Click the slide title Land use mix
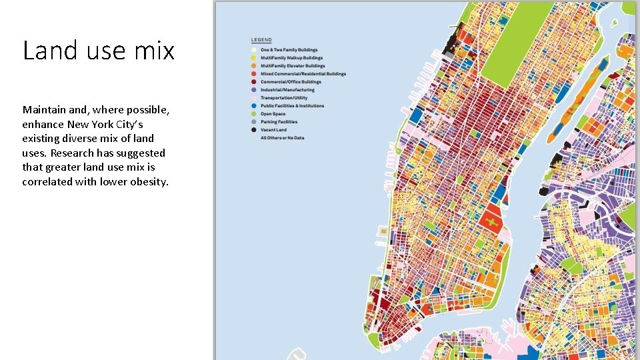click(99, 51)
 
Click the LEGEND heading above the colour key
click(261, 39)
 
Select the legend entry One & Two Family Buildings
click(289, 50)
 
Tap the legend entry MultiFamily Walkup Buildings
click(292, 58)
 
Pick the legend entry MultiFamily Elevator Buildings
click(293, 66)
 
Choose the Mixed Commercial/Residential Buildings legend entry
click(303, 74)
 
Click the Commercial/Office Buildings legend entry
click(291, 82)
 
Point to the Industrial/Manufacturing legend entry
click(288, 90)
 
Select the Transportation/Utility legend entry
click(283, 98)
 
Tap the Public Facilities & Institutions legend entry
click(292, 106)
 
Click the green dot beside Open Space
click(253, 114)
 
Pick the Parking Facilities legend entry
click(279, 122)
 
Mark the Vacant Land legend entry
click(273, 130)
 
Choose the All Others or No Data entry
click(282, 138)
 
